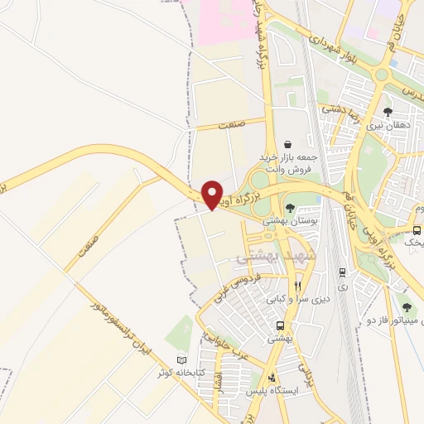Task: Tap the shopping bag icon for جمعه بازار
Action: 287,144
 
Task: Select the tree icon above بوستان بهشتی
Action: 289,208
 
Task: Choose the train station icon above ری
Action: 341,272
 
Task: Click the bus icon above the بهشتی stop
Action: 281,325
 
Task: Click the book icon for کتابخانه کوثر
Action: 181,360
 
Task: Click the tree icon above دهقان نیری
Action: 388,112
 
